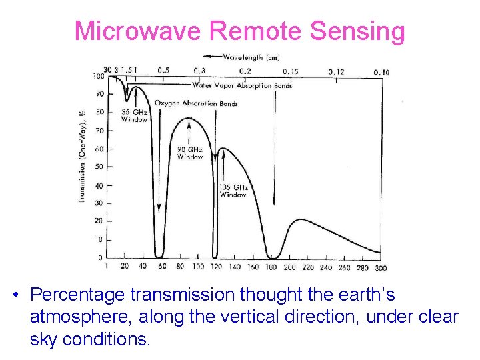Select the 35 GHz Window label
point(134,115)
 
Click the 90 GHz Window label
point(190,153)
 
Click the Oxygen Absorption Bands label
point(196,103)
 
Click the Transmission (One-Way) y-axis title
point(81,157)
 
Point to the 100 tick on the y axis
point(99,76)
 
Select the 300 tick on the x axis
point(380,267)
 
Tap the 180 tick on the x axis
point(271,267)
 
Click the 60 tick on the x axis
point(161,267)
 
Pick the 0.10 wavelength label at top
point(381,72)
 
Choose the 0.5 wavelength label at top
point(163,71)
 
